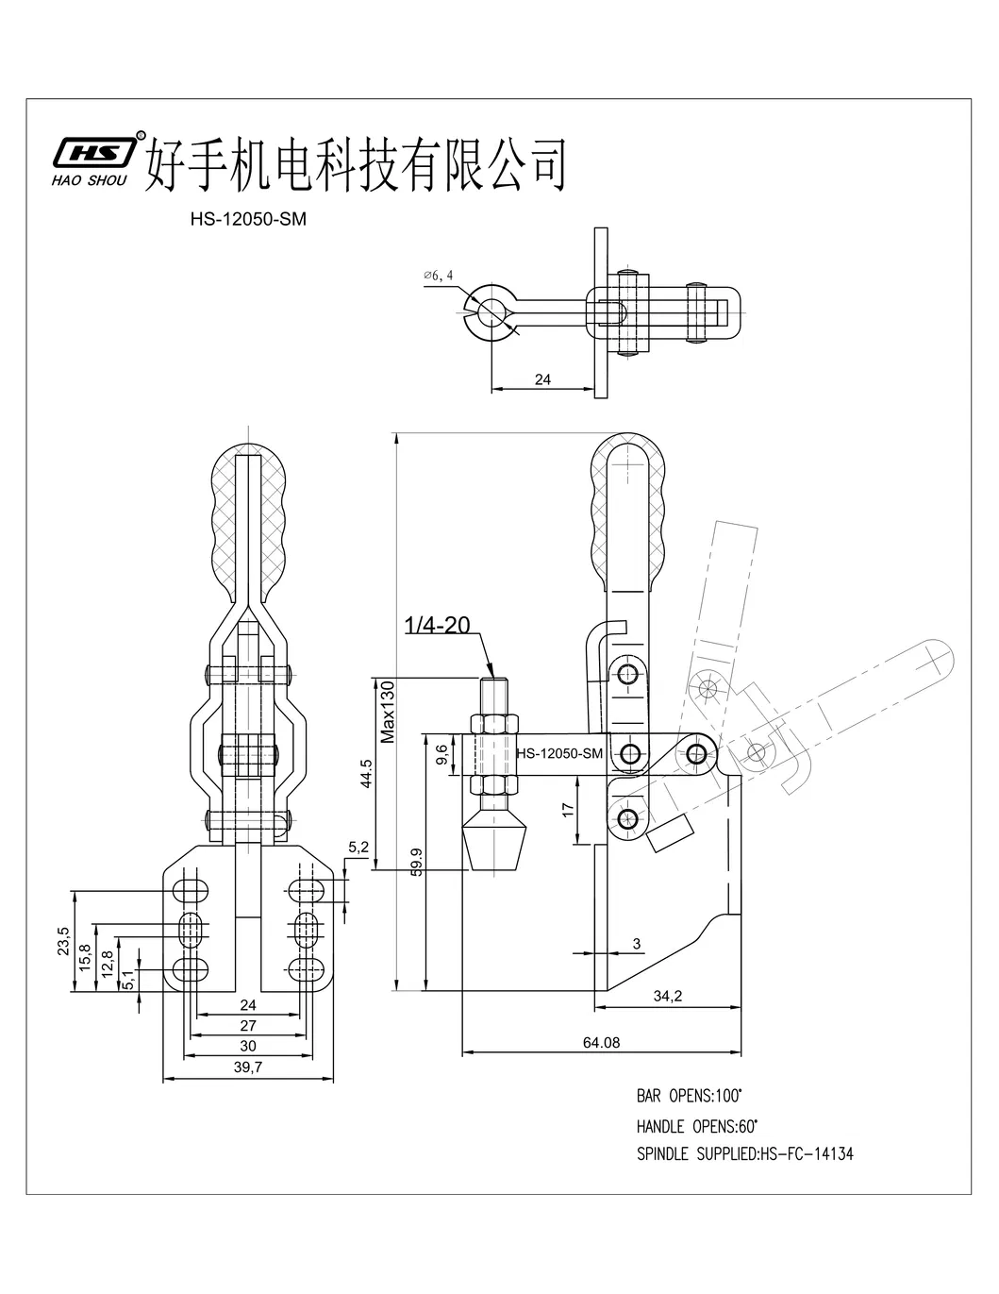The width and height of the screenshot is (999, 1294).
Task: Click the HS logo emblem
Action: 92,152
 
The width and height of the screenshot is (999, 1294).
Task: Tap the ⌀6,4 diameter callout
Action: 439,275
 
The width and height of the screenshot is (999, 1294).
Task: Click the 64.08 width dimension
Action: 602,1042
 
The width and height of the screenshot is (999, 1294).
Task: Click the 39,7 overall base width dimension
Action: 249,1067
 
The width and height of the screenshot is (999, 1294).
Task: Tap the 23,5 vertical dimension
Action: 63,942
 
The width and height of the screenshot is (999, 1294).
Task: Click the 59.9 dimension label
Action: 416,863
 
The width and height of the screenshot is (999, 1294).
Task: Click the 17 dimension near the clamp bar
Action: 566,809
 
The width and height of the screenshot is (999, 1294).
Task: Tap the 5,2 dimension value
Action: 358,847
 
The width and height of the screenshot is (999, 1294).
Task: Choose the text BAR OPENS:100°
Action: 689,1096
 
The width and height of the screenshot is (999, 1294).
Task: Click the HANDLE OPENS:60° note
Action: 696,1125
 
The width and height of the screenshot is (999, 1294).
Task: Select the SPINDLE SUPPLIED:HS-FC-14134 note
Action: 744,1153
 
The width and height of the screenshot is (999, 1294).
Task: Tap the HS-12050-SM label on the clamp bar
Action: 559,753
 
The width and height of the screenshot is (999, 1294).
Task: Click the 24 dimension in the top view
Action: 542,379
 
